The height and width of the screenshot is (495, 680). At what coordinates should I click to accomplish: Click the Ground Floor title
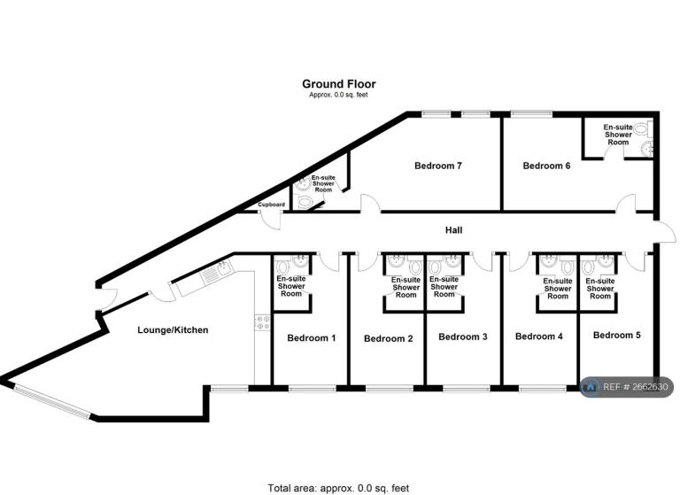[339, 84]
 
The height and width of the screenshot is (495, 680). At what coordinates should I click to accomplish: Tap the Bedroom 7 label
[438, 166]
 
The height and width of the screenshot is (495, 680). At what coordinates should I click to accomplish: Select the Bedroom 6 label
[546, 166]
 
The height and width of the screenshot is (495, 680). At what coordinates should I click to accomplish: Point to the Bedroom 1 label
[312, 338]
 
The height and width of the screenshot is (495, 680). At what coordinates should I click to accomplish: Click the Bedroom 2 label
[388, 339]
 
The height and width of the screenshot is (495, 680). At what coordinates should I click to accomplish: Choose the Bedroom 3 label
[463, 337]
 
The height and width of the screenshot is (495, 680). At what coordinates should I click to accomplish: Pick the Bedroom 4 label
[538, 336]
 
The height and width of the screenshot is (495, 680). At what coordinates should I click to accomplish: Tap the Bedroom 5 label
[616, 336]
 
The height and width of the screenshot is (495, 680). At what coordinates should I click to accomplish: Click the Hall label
[453, 230]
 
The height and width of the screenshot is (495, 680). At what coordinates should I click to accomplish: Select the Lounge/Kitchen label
[173, 330]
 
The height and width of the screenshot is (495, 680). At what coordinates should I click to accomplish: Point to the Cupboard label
[272, 205]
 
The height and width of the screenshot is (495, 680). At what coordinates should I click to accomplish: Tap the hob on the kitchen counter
[262, 322]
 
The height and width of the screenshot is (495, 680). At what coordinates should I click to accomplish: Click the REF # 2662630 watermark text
[636, 387]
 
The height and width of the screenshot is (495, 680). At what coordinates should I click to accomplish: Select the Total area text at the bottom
[338, 489]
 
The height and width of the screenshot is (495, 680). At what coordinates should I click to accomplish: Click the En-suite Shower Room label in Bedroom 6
[618, 135]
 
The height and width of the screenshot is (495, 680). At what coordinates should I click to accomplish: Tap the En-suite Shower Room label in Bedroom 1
[291, 286]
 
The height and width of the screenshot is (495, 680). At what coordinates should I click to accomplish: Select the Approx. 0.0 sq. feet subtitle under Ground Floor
[338, 95]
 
